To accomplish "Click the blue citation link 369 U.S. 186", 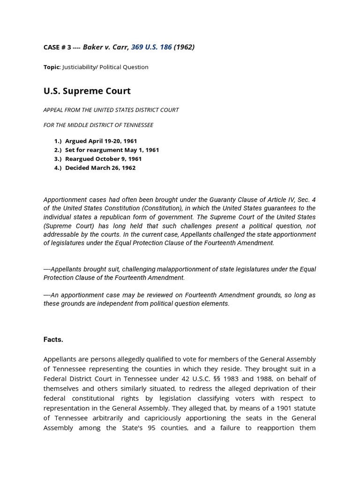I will pyautogui.click(x=151, y=47).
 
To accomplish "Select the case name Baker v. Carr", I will pyautogui.click(x=105, y=47).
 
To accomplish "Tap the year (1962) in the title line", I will pyautogui.click(x=184, y=47).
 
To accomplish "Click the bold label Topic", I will pyautogui.click(x=52, y=67).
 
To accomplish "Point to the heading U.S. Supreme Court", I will pyautogui.click(x=87, y=91).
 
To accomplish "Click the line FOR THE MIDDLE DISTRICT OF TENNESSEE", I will pyautogui.click(x=98, y=125).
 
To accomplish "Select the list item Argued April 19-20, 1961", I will pyautogui.click(x=101, y=141).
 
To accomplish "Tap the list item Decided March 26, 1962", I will pyautogui.click(x=100, y=168).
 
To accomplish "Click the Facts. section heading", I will pyautogui.click(x=53, y=339).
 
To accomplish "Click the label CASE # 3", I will pyautogui.click(x=56, y=47).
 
